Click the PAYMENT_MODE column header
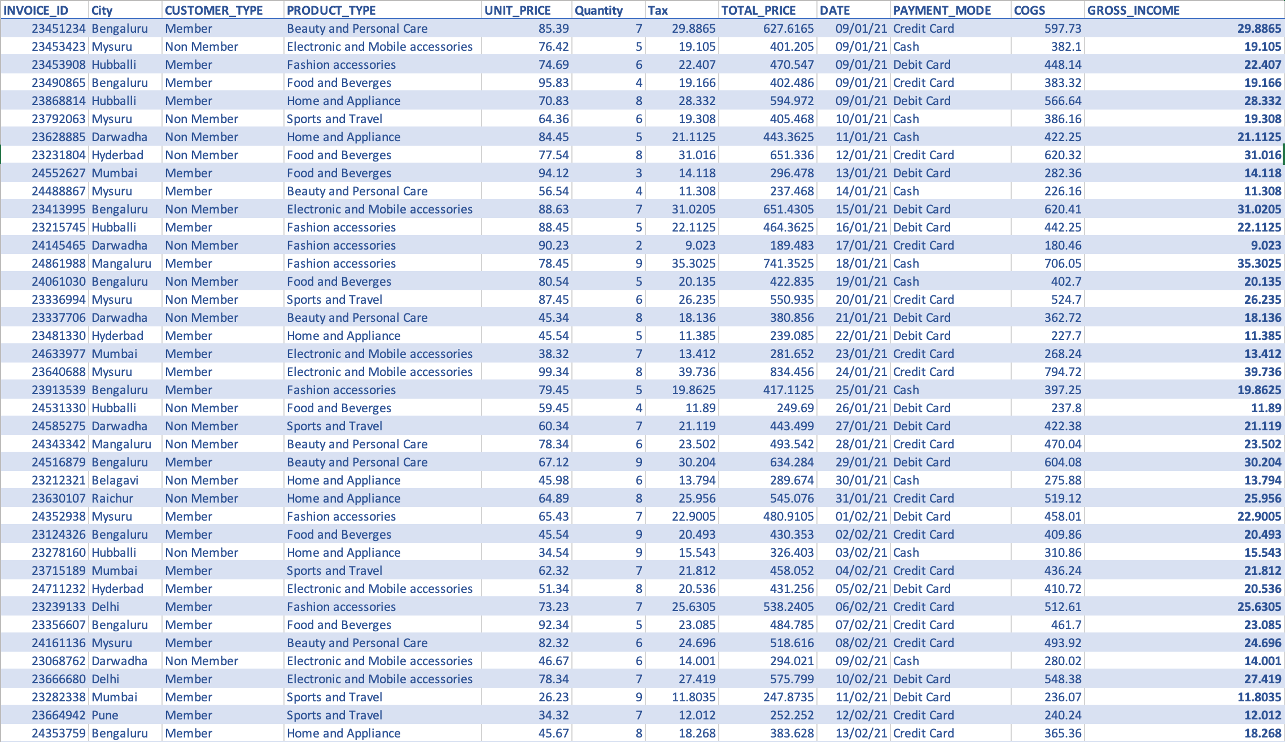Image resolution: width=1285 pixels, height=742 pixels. (942, 10)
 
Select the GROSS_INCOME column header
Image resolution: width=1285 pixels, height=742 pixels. (1133, 10)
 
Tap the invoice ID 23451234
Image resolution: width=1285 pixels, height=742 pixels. (59, 28)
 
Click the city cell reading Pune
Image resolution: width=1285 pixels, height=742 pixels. (105, 715)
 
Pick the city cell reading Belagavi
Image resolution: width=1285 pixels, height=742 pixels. (115, 480)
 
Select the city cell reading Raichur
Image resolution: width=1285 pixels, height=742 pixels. (112, 498)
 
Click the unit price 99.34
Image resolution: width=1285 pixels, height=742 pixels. (553, 372)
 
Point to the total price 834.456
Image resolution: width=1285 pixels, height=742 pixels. (792, 372)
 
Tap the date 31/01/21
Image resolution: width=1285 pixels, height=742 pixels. (861, 498)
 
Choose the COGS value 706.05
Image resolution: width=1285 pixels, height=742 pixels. (1063, 263)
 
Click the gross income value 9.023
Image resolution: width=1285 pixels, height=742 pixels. (1266, 245)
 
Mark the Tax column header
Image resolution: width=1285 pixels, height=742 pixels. (658, 10)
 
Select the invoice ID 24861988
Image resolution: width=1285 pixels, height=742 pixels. (59, 263)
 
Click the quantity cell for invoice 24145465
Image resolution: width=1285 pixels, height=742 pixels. (639, 245)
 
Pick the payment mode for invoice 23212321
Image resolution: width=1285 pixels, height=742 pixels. (906, 480)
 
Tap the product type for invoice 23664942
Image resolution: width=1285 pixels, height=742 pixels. (334, 715)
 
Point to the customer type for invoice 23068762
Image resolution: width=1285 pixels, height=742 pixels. (202, 661)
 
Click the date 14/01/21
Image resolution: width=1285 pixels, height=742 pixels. (861, 191)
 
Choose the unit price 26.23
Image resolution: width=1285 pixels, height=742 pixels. (553, 697)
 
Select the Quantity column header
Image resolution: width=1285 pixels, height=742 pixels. (598, 10)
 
